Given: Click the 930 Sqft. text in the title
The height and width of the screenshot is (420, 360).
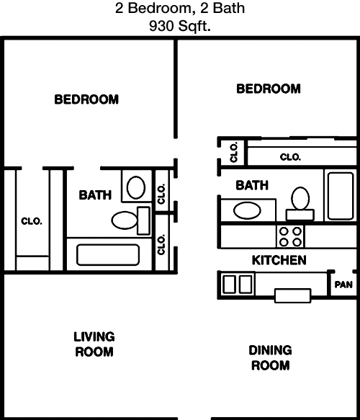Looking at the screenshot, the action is pyautogui.click(x=180, y=26).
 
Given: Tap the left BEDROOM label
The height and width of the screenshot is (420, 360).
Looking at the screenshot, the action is pyautogui.click(x=86, y=99).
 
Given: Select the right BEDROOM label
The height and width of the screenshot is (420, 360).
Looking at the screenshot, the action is pyautogui.click(x=269, y=89).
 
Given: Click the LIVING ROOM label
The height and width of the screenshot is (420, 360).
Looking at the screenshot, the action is pyautogui.click(x=94, y=344).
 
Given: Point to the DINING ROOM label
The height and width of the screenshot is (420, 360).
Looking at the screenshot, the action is pyautogui.click(x=270, y=358).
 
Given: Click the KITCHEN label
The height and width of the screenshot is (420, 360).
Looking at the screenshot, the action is pyautogui.click(x=279, y=260).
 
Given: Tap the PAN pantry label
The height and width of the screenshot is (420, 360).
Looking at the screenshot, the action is pyautogui.click(x=343, y=285).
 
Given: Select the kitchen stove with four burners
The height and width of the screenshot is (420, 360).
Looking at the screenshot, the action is pyautogui.click(x=290, y=237).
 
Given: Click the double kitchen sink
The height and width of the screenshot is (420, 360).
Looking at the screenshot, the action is pyautogui.click(x=238, y=284).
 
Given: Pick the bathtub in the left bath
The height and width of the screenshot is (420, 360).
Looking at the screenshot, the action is pyautogui.click(x=108, y=255).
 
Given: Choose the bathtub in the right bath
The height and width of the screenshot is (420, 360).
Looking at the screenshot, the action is pyautogui.click(x=341, y=196).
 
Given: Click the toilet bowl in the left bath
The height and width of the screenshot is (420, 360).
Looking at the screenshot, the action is pyautogui.click(x=125, y=220).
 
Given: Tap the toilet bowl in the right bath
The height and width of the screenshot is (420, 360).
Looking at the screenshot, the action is pyautogui.click(x=300, y=199).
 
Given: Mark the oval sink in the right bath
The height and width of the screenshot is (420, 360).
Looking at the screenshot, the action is pyautogui.click(x=247, y=210).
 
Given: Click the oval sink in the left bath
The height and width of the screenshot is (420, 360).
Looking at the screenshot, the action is pyautogui.click(x=136, y=187).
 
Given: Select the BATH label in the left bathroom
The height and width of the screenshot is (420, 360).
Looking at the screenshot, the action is pyautogui.click(x=95, y=195).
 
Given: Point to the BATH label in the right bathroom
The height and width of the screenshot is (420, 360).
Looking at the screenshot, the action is pyautogui.click(x=252, y=185).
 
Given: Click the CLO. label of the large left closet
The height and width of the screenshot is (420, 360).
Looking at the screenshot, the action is pyautogui.click(x=32, y=221).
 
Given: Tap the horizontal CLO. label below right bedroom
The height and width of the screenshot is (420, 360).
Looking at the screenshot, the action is pyautogui.click(x=290, y=157).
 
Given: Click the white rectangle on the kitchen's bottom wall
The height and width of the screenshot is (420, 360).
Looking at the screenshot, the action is pyautogui.click(x=293, y=295).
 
